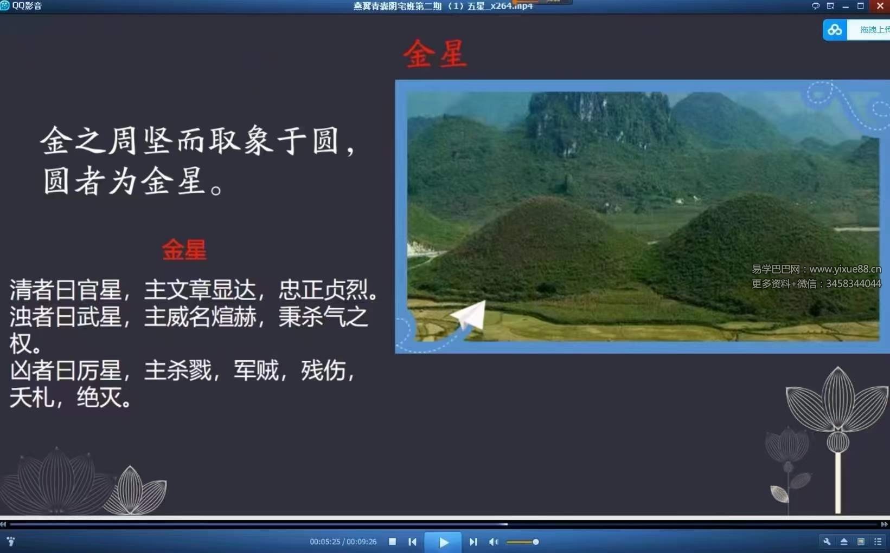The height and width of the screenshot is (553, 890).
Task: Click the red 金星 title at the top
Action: (435, 54)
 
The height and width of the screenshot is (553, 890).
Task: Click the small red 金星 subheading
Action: (184, 250)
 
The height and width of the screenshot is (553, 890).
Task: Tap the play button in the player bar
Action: (443, 542)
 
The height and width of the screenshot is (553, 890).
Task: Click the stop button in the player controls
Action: (392, 542)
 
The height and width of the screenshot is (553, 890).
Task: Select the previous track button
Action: (412, 542)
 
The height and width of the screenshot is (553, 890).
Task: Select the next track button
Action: (473, 542)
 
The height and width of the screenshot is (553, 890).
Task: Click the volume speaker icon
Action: (493, 542)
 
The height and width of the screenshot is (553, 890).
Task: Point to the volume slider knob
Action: (535, 542)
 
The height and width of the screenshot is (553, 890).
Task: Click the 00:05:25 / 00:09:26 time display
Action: (343, 542)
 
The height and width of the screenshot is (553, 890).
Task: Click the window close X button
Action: (880, 6)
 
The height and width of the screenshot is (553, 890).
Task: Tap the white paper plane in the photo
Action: (469, 316)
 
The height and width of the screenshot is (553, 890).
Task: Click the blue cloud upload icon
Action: (835, 30)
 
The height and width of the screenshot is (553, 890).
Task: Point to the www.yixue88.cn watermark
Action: (844, 269)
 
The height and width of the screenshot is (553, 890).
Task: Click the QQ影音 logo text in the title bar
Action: (27, 6)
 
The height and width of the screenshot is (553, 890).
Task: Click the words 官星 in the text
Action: (99, 290)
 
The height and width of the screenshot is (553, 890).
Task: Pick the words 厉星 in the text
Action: (99, 371)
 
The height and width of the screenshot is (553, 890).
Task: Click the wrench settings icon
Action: (827, 542)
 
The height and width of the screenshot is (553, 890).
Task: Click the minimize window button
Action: (846, 6)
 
